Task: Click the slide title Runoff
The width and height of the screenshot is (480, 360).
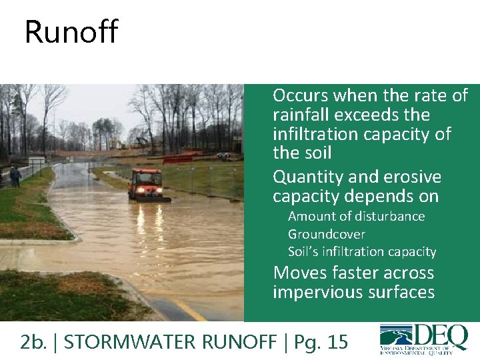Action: click(71, 32)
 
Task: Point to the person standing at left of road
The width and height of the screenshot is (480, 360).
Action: click(14, 176)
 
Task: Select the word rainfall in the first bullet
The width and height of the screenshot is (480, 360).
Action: click(299, 115)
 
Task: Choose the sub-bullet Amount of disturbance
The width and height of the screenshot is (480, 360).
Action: click(356, 216)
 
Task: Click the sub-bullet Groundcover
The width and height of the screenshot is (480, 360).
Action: click(326, 234)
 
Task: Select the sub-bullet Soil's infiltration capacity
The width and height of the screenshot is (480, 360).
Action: click(361, 251)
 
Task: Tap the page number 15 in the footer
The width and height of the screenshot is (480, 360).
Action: click(337, 342)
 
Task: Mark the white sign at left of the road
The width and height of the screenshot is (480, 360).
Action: click(37, 161)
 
